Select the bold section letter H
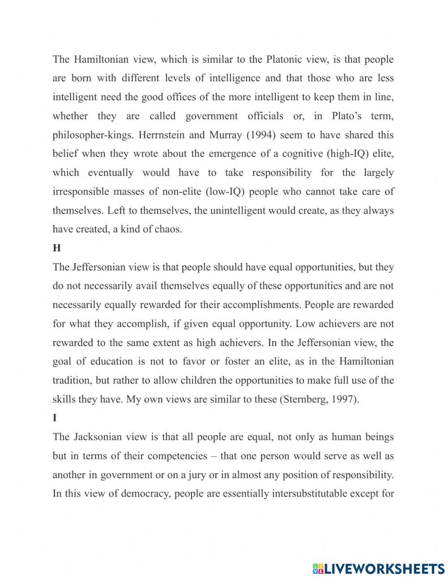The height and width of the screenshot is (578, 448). pyautogui.click(x=56, y=248)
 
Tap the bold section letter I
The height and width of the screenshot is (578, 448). pyautogui.click(x=55, y=418)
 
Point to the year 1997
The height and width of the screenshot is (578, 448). pyautogui.click(x=345, y=399)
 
